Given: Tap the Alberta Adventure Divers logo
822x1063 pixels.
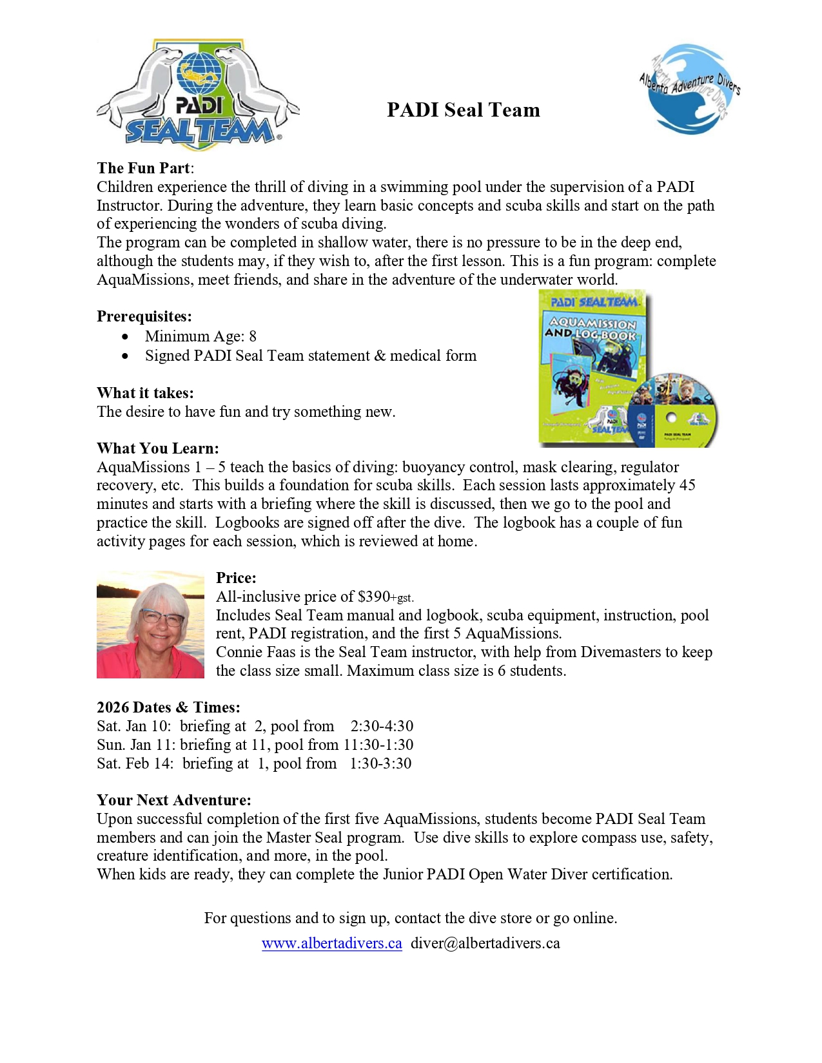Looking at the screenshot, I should [689, 89].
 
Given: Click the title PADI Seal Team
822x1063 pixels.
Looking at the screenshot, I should [463, 110].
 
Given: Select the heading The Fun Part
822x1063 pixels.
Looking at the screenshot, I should [143, 168].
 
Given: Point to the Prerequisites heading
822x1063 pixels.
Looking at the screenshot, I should [144, 316].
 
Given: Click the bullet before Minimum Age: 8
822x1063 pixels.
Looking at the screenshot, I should [125, 336].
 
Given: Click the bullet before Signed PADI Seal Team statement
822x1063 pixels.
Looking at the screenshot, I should [125, 356].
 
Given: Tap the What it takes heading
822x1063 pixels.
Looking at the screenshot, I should [145, 393].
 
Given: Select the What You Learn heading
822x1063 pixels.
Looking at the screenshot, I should [158, 448].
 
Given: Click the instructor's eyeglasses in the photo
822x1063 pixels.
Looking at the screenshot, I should [162, 618].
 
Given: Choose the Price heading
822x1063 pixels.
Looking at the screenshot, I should [236, 578].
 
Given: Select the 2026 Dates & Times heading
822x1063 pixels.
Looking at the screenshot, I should [168, 707].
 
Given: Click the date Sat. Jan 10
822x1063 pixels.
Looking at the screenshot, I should [133, 726].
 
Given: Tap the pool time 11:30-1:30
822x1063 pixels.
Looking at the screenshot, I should [378, 745].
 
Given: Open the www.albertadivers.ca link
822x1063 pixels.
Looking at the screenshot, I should [331, 943].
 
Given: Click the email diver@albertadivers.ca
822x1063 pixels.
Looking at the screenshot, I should [485, 943].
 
